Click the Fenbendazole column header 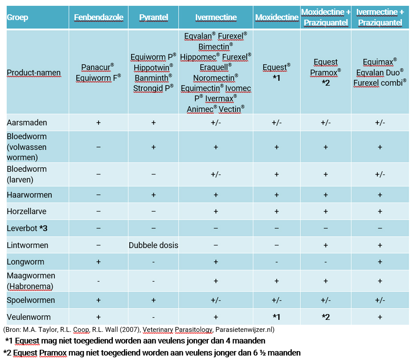(x=99, y=17)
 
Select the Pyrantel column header (x=153, y=17)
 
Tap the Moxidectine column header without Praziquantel (x=277, y=17)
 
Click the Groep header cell (x=17, y=17)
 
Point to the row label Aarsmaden (x=27, y=122)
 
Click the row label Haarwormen (x=29, y=195)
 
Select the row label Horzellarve (x=27, y=211)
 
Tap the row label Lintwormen (x=28, y=245)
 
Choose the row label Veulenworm (x=29, y=317)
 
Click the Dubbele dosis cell (x=153, y=245)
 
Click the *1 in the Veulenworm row (x=277, y=317)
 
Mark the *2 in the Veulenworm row (x=326, y=317)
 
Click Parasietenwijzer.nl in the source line (x=244, y=330)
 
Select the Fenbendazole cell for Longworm (x=99, y=262)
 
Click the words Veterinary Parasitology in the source (x=178, y=330)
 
